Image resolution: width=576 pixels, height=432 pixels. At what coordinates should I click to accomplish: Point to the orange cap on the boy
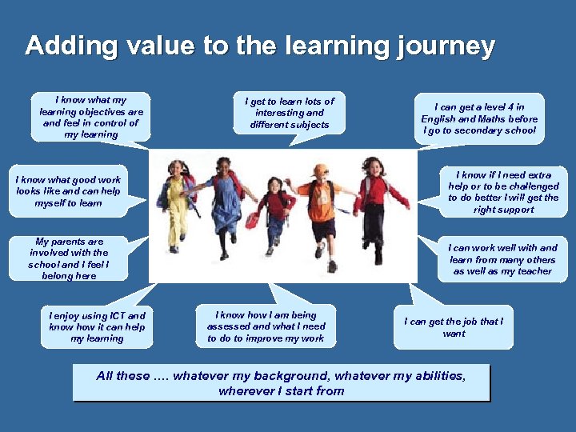[x=321, y=170]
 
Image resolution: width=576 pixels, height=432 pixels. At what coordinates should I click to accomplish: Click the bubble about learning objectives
[x=91, y=118]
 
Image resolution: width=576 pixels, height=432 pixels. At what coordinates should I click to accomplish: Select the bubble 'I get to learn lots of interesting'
[x=290, y=113]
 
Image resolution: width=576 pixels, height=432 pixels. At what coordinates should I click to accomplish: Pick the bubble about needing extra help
[x=503, y=192]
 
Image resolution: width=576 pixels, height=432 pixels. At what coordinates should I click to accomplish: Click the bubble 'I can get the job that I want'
[x=454, y=327]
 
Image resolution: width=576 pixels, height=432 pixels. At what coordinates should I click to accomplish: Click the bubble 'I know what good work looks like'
[x=69, y=192]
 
